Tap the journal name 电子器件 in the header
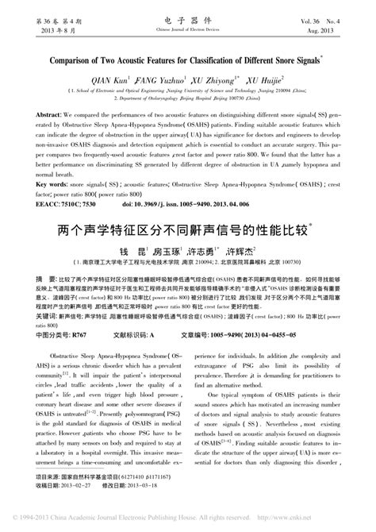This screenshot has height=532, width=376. [x=187, y=13]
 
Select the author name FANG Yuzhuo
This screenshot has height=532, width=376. [x=165, y=81]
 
